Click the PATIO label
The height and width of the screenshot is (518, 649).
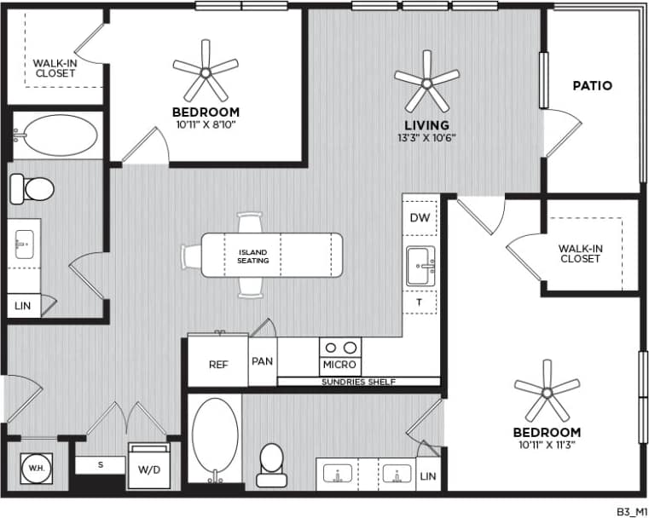[x=592, y=85]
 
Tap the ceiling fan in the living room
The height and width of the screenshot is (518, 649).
[x=426, y=82]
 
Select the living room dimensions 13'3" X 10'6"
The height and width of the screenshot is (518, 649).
[x=427, y=138]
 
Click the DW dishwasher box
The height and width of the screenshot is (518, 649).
[x=420, y=218]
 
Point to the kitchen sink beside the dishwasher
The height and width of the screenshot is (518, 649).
[x=421, y=266]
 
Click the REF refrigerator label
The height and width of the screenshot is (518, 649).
[x=218, y=362]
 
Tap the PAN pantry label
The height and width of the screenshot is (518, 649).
[x=262, y=361]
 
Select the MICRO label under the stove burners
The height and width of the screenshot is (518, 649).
[x=340, y=365]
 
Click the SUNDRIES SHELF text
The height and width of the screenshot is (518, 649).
[x=358, y=382]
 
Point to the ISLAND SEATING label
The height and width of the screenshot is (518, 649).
[x=253, y=256]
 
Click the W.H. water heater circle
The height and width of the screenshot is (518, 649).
[x=36, y=468]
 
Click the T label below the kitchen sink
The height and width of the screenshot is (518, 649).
[x=420, y=302]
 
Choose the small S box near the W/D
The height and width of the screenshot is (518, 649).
[x=100, y=465]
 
